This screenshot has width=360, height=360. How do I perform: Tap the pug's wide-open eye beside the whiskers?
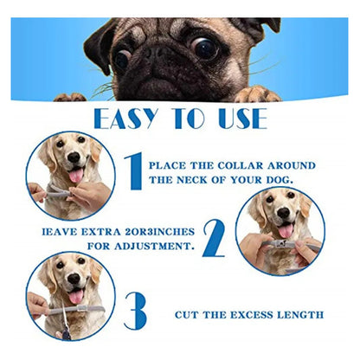[206, 48]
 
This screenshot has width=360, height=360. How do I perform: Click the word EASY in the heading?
[125, 119]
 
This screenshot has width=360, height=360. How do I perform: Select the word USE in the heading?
[242, 119]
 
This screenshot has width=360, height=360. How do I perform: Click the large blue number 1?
[134, 171]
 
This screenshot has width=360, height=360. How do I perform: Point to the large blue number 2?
[214, 238]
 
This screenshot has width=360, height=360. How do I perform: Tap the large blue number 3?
[136, 311]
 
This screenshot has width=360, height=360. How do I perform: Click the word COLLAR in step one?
[241, 166]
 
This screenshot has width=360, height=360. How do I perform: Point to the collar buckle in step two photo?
[280, 244]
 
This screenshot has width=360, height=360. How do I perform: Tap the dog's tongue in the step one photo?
[76, 175]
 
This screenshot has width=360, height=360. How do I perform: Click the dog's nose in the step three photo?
[74, 278]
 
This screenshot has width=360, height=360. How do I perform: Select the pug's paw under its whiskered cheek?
[257, 94]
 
